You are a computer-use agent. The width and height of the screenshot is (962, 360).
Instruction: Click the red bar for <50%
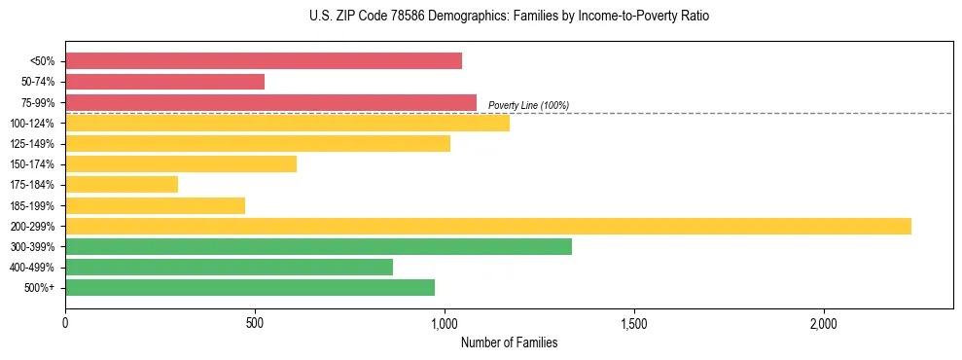tap(263, 61)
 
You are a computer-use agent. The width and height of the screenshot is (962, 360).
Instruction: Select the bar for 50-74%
tap(164, 82)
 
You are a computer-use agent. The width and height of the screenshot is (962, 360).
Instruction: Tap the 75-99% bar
tap(270, 102)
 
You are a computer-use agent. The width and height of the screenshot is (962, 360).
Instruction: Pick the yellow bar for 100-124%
tap(287, 123)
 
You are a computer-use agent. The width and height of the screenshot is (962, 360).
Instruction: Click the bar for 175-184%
tap(122, 184)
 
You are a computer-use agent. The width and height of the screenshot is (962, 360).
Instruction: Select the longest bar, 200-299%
tap(487, 226)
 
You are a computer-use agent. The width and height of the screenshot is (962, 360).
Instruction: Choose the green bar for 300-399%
tap(318, 246)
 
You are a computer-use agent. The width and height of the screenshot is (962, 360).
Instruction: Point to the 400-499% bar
tap(229, 267)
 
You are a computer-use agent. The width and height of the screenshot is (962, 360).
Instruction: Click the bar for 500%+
tap(249, 287)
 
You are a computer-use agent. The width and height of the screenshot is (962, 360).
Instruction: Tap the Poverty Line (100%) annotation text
tap(528, 105)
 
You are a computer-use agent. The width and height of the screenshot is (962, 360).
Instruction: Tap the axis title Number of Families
tap(509, 342)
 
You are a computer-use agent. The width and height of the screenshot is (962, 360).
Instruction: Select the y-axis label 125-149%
tap(32, 144)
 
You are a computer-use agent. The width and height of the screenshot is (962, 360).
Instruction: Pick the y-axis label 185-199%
tap(32, 205)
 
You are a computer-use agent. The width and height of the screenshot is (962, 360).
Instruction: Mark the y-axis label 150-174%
tap(32, 164)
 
